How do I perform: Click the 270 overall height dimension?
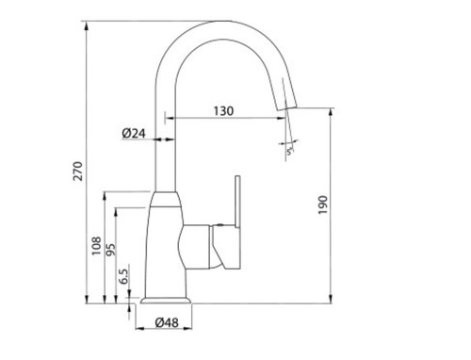pyautogui.click(x=77, y=171)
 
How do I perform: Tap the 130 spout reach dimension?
pyautogui.click(x=223, y=111)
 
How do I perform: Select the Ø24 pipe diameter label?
pyautogui.click(x=134, y=134)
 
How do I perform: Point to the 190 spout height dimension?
pyautogui.click(x=322, y=205)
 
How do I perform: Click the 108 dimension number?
pyautogui.click(x=96, y=246)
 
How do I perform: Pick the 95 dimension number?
pyautogui.click(x=110, y=250)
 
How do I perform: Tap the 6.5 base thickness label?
pyautogui.click(x=123, y=276)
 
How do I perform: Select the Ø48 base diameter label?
pyautogui.click(x=167, y=322)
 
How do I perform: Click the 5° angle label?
pyautogui.click(x=290, y=151)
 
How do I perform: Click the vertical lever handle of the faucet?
pyautogui.click(x=237, y=201)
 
